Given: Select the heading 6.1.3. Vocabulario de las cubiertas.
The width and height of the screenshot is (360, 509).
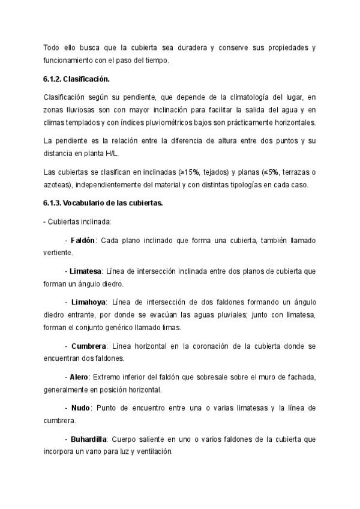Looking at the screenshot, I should pos(103,203).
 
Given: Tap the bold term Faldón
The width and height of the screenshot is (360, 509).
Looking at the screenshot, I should pos(82,240).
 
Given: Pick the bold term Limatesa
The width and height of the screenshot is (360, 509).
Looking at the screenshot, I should pos(86,271).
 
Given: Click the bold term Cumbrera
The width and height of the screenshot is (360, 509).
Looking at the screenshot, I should pos(89,346).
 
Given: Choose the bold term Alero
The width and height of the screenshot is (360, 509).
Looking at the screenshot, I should pos(79,377).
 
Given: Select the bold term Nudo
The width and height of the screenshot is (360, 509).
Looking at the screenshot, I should pos(80,408).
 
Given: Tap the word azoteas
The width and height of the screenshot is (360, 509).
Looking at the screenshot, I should pos(57,184).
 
